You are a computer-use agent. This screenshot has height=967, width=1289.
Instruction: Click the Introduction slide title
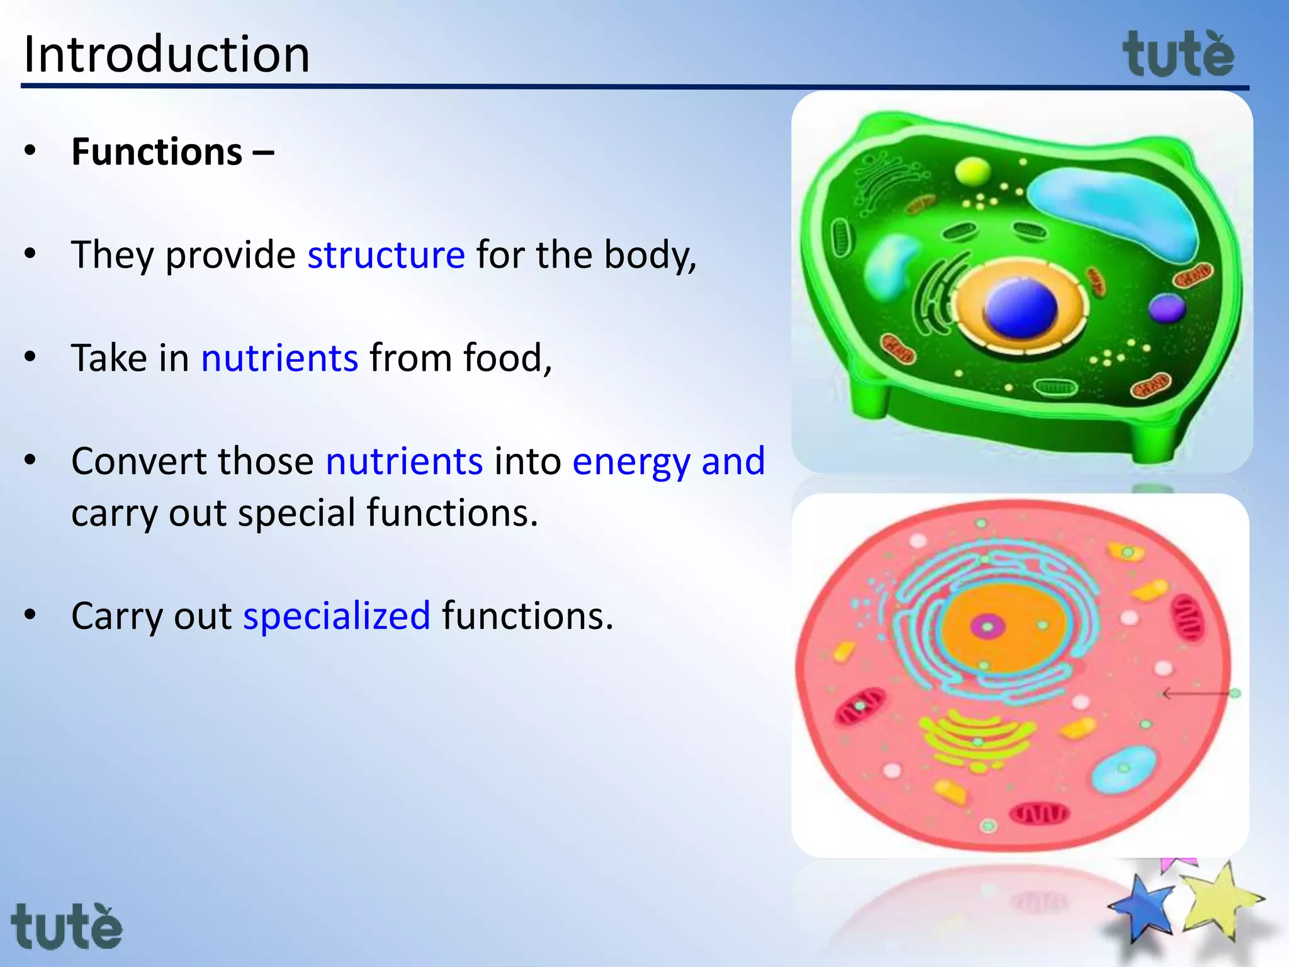166,54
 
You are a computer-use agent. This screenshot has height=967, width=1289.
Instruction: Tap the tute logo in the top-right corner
1178,55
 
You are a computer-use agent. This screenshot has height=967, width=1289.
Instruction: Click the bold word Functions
157,152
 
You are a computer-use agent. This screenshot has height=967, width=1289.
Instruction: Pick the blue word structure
386,255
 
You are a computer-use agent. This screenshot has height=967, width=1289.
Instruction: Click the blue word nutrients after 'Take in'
279,358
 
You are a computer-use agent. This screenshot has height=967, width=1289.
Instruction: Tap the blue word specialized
337,616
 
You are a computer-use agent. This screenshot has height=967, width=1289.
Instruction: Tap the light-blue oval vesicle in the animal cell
1123,769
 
